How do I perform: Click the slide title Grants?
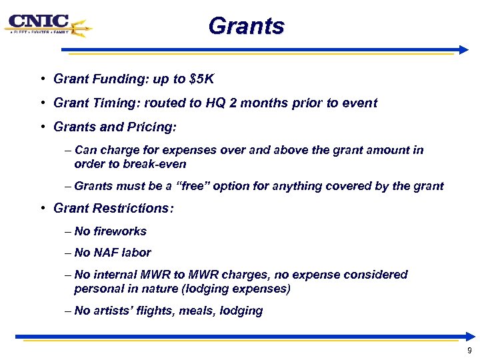pos(246,27)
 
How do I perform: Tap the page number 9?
pos(469,351)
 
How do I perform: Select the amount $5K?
pos(201,79)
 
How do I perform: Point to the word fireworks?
pos(120,231)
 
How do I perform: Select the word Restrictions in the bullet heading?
pos(129,208)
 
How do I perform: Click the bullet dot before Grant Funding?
pos(42,79)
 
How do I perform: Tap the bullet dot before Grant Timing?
pos(42,103)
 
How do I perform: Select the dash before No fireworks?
pos(69,231)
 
